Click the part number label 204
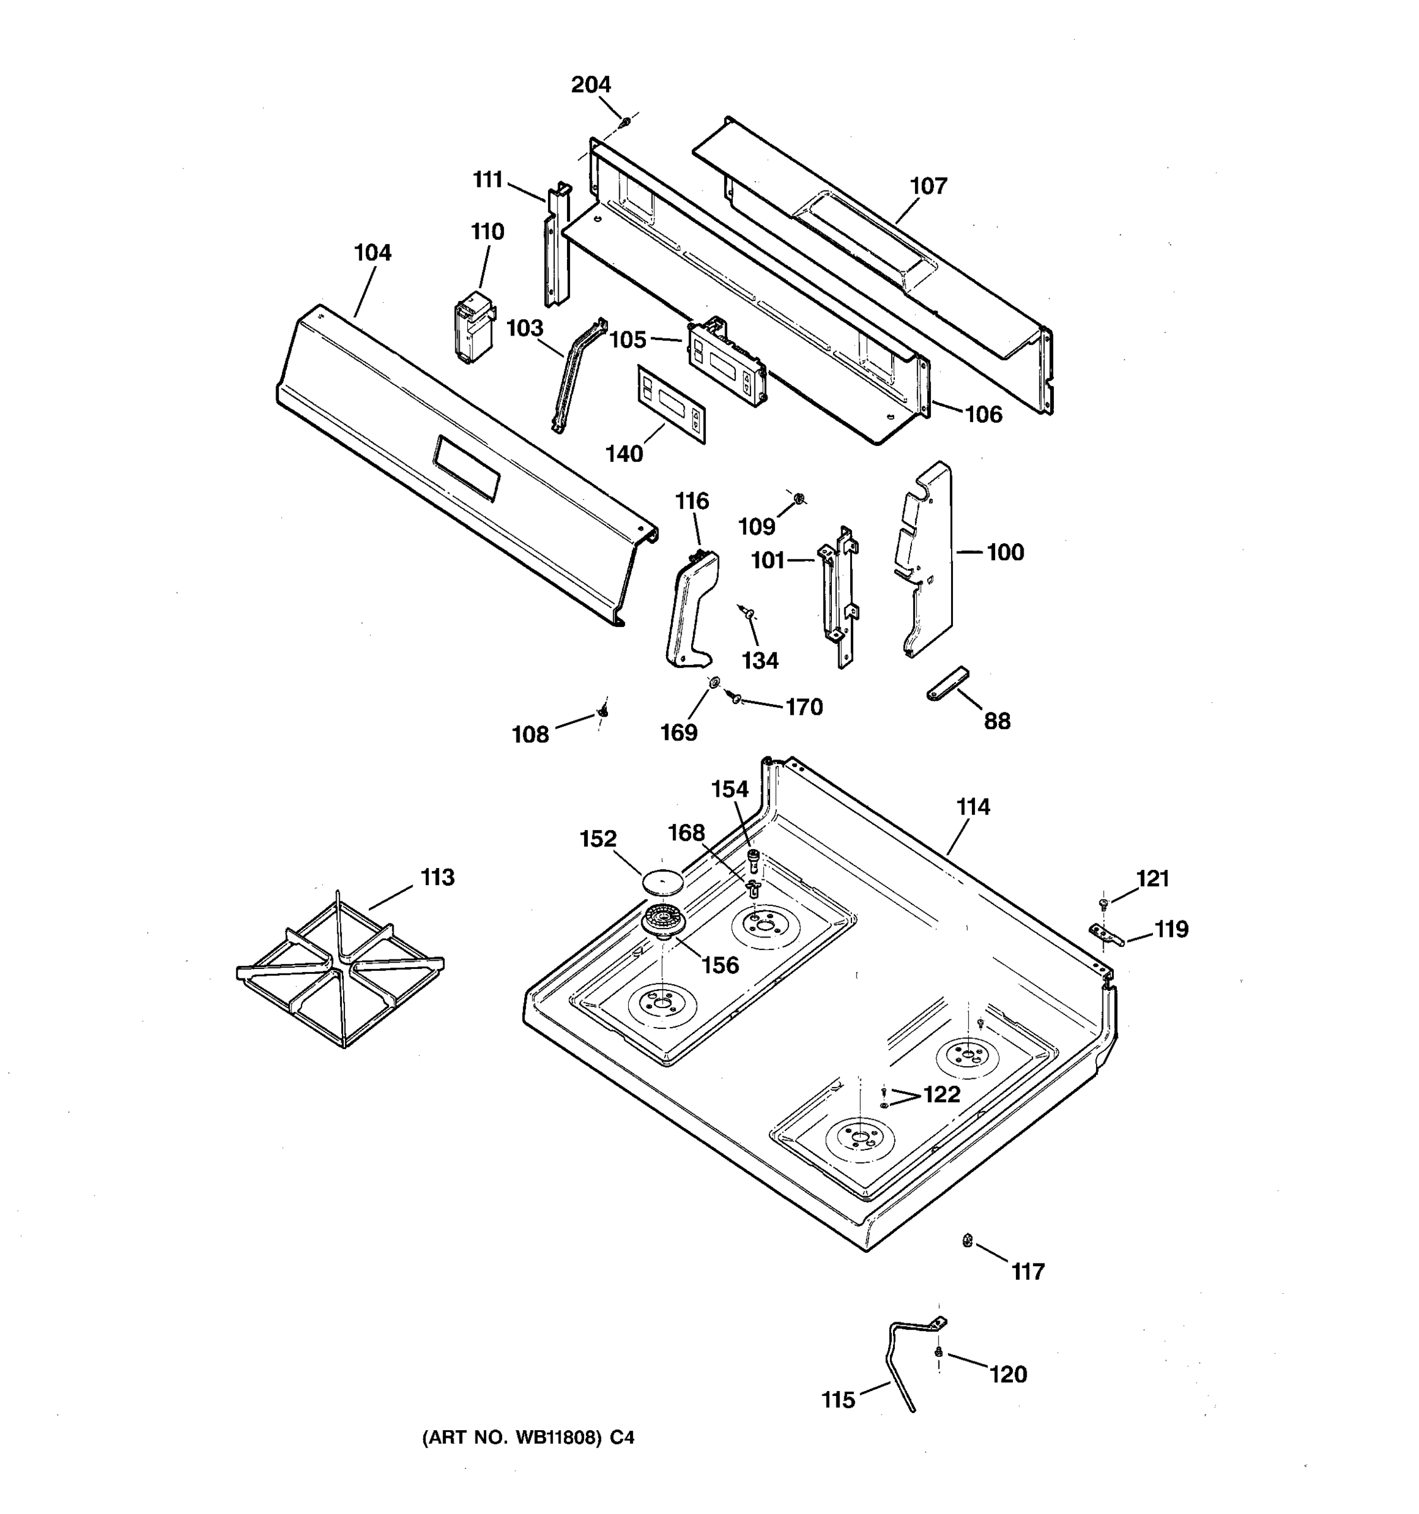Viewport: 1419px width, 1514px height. [591, 85]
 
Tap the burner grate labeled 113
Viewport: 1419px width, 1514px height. [341, 970]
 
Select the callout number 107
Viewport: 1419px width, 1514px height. [928, 186]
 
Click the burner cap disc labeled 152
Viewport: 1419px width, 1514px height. [662, 881]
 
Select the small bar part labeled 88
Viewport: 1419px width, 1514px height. [948, 683]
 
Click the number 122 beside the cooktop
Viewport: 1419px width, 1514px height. [941, 1094]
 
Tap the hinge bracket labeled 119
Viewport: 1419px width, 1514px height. [1106, 934]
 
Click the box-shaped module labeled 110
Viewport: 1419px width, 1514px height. [472, 327]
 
